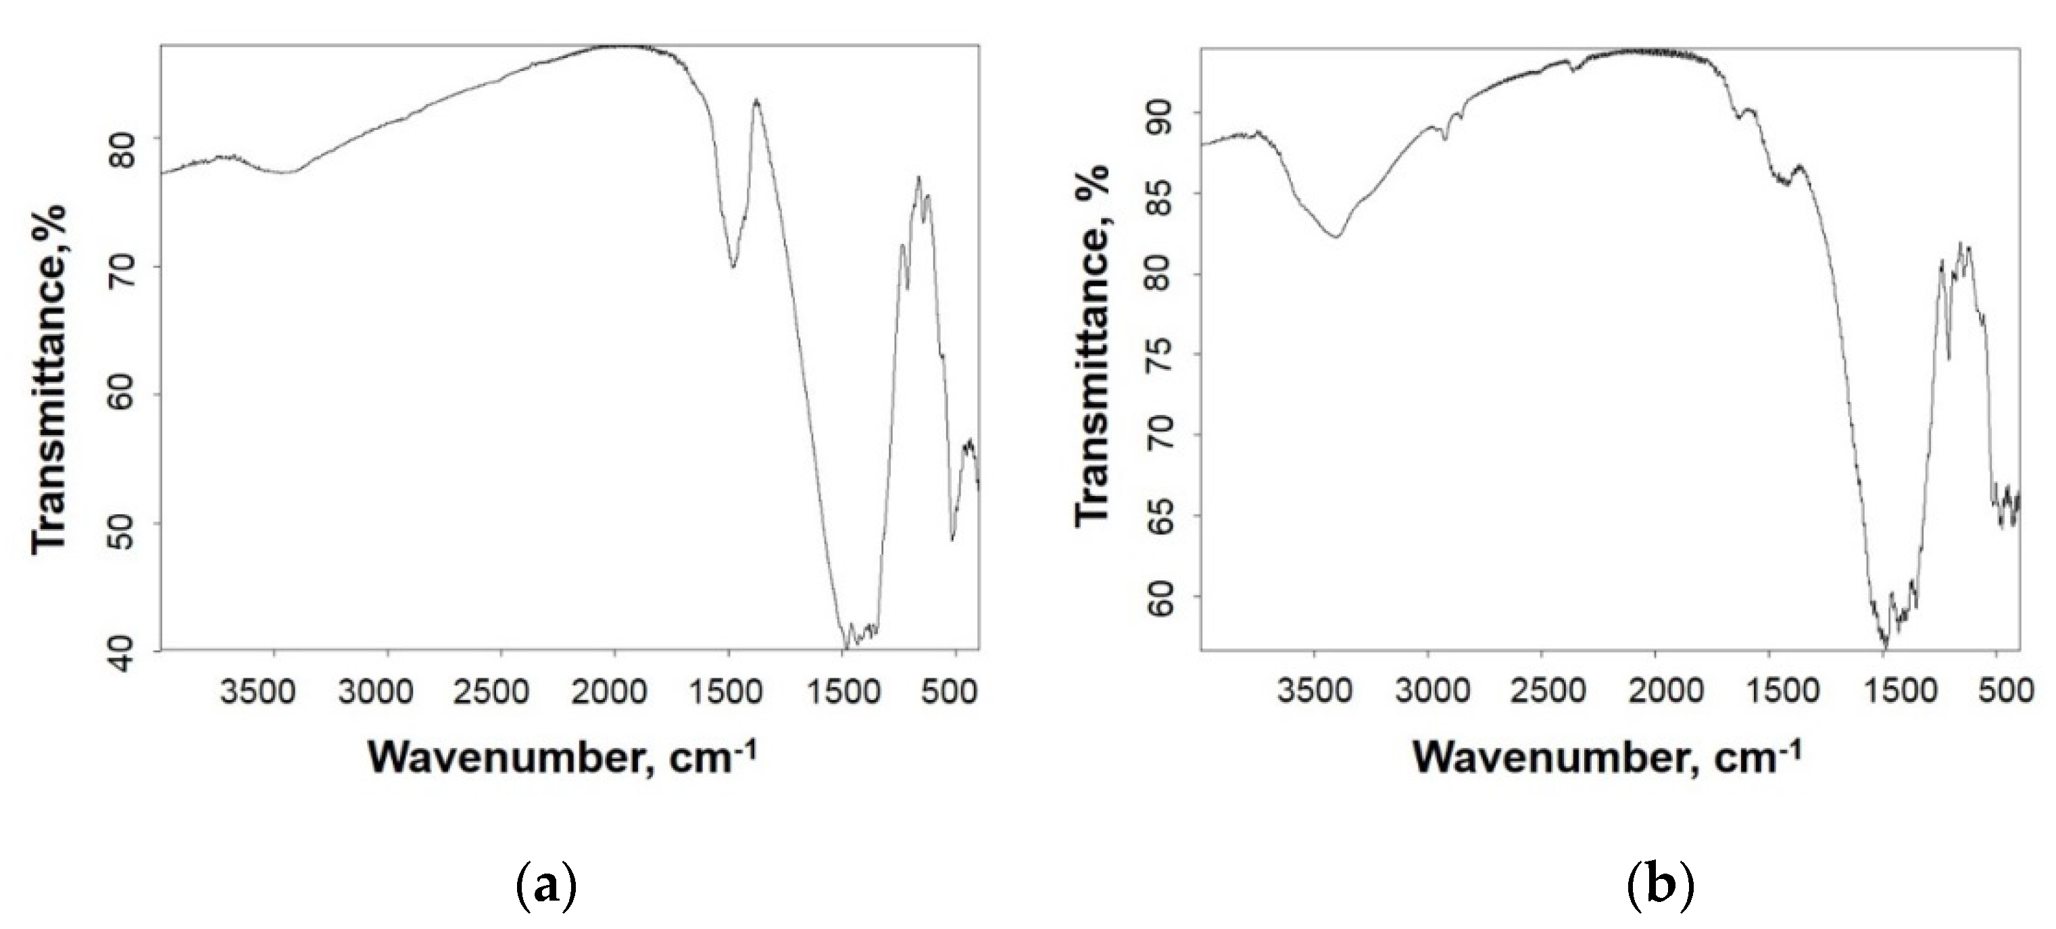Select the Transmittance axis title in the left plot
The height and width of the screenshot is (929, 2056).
[49, 378]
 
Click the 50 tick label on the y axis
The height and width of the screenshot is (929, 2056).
[125, 524]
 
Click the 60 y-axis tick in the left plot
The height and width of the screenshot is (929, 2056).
[125, 395]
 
